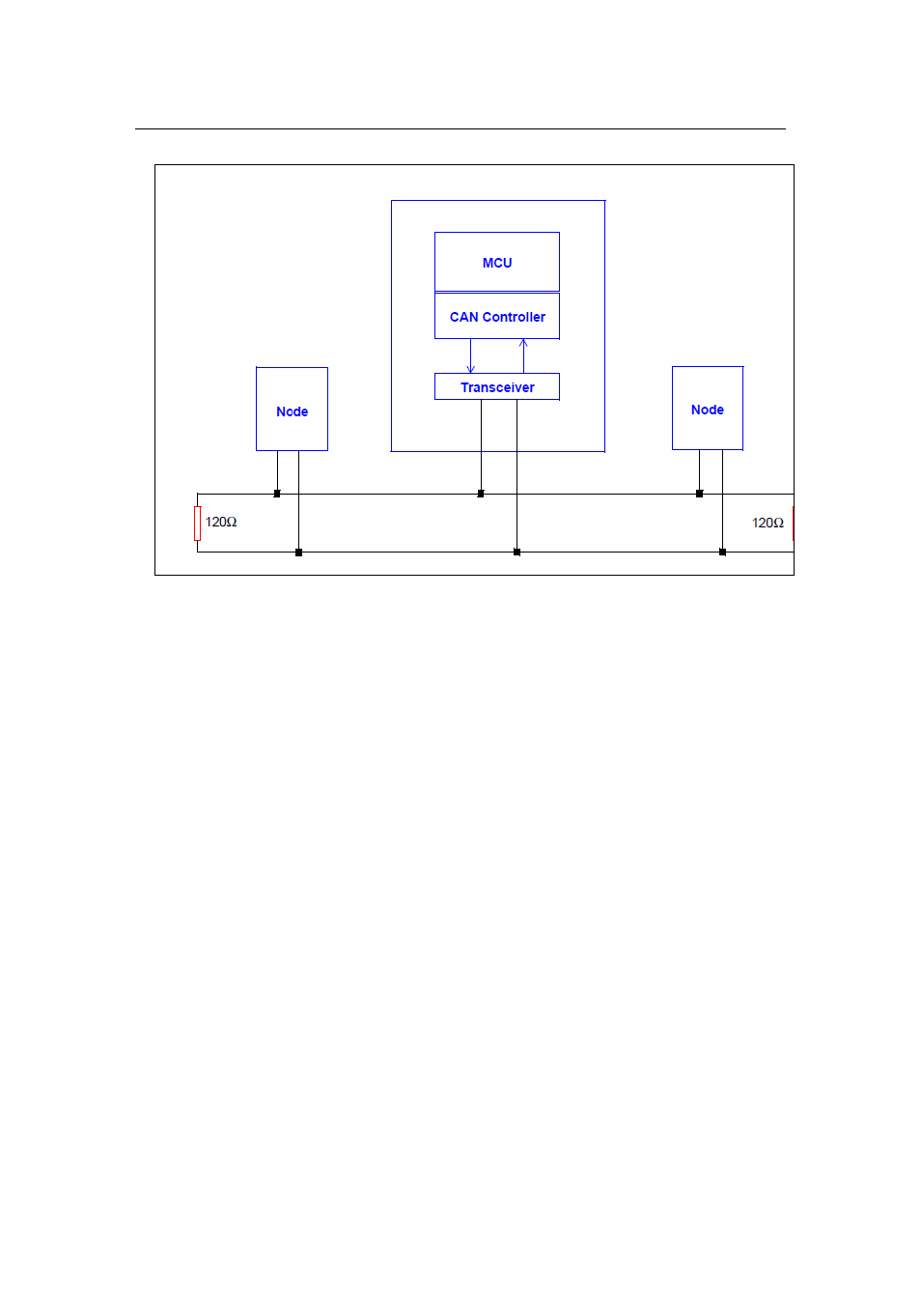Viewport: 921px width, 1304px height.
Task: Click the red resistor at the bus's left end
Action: pos(197,524)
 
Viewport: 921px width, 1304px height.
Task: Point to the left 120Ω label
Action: pos(221,522)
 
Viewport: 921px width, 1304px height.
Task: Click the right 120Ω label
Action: pos(767,523)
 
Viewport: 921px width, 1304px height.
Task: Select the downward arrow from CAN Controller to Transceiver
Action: pos(471,355)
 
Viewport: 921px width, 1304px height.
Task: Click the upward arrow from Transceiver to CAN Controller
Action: pos(523,355)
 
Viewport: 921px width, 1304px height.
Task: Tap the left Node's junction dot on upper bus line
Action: pos(277,494)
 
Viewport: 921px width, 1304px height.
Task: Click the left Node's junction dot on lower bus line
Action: pos(299,553)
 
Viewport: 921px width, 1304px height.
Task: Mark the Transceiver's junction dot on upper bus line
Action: pos(481,494)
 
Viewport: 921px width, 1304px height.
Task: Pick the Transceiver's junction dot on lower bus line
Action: pos(516,552)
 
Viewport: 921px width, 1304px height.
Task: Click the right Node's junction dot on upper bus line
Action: pos(699,494)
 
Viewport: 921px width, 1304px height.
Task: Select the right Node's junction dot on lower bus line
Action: pos(722,552)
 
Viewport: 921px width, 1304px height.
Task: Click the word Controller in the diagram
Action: pos(515,317)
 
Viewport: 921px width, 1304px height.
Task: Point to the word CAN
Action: pos(463,317)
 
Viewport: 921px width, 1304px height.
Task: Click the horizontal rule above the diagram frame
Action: pos(460,128)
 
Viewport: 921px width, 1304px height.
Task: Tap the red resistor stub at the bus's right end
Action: pos(793,524)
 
